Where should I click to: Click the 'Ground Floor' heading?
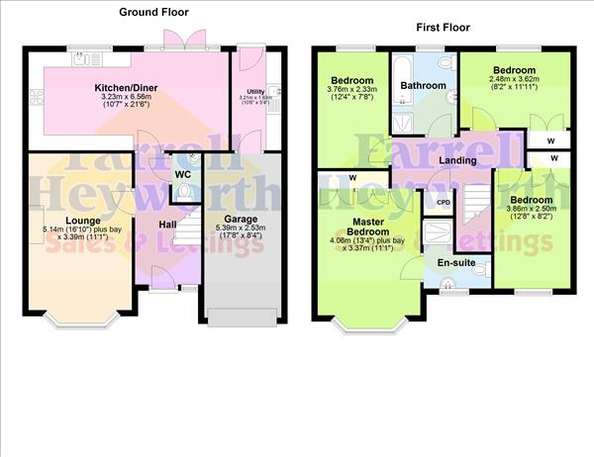point(153,12)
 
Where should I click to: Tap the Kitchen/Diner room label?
point(130,88)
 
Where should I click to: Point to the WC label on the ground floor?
point(182,175)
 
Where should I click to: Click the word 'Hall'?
point(167,225)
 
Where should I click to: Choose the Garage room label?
point(241,219)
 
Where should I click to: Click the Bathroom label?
point(423,86)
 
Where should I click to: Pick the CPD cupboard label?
point(444,202)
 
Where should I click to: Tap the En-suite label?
point(456,263)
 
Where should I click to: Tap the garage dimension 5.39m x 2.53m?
point(241,232)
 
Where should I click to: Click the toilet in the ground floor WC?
point(194,163)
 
